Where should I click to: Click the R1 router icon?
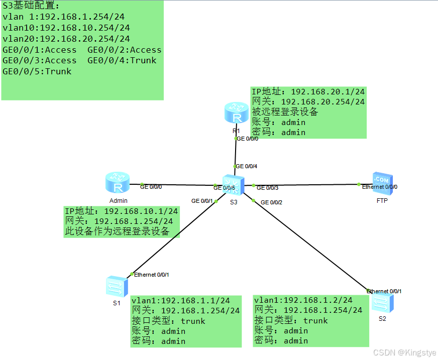[236, 113]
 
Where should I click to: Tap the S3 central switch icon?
[234, 186]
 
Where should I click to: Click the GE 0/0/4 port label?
[247, 166]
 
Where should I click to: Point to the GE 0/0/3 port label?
[267, 188]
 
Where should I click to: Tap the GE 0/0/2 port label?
[271, 202]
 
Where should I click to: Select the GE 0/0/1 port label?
[202, 201]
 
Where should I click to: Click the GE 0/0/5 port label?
[224, 188]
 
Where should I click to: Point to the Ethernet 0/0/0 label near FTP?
[380, 187]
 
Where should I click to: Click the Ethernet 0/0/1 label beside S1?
[151, 275]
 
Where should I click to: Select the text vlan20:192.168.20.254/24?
[66, 39]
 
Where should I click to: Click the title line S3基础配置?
[31, 6]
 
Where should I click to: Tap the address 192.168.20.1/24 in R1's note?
[327, 91]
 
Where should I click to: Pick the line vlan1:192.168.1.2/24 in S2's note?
[303, 300]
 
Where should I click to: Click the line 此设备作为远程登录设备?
[117, 231]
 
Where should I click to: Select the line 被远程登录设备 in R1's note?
[285, 111]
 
